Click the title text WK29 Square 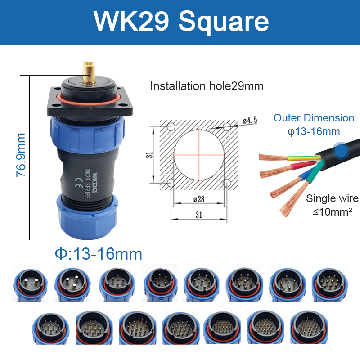(181, 21)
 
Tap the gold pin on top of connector (89, 72)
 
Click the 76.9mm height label (21, 155)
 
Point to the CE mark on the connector (79, 183)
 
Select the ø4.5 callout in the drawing (250, 120)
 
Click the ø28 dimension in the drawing (199, 199)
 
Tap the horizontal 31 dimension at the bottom (199, 215)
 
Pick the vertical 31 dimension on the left (149, 155)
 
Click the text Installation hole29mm (207, 86)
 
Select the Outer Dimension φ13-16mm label (314, 125)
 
